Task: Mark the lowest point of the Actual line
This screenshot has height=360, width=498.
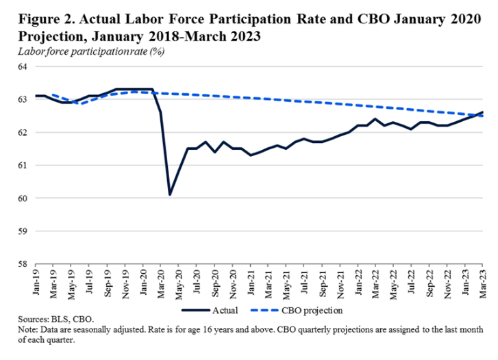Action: (170, 194)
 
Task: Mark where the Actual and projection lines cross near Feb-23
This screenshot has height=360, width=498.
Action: (473, 115)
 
